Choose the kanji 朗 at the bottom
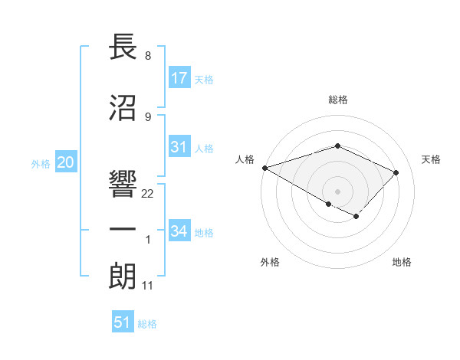coord(123,277)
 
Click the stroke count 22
coord(148,194)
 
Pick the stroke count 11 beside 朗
coord(148,286)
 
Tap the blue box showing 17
coord(179,78)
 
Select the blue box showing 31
coord(179,148)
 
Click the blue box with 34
coord(179,231)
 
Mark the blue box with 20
coord(66,162)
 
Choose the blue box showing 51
coord(123,322)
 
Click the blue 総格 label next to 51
coord(147,324)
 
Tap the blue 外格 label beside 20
coord(41,163)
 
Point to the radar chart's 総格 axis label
coord(338,100)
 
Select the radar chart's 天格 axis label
coord(432,159)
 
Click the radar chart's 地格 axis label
coord(402,262)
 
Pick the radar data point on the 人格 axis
coord(264,168)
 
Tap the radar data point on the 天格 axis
coord(396,172)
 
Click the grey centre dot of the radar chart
coord(337,191)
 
